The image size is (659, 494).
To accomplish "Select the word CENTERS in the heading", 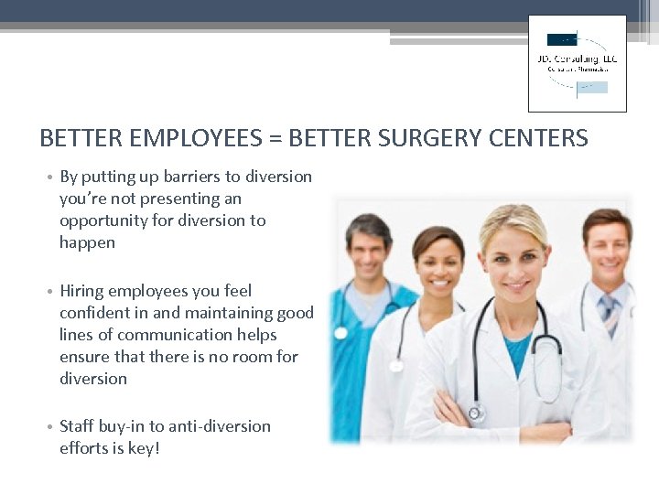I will [x=539, y=139].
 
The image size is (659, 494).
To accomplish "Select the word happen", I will [x=87, y=242].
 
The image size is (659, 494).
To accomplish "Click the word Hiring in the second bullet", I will [x=81, y=291].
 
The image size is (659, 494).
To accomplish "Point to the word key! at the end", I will [x=144, y=448].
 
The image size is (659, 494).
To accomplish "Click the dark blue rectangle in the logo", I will [x=561, y=39].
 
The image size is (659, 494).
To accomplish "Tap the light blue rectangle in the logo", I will [x=590, y=87].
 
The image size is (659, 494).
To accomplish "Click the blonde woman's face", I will [x=513, y=256].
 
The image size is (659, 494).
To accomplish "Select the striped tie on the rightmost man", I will [x=608, y=311].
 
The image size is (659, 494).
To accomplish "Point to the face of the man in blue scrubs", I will [x=369, y=249].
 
